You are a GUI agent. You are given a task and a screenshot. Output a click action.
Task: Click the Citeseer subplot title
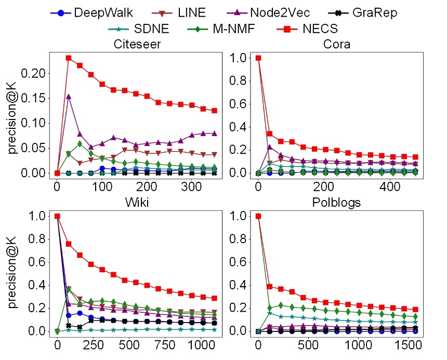click(137, 44)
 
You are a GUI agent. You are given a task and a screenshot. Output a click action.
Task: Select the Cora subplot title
click(336, 44)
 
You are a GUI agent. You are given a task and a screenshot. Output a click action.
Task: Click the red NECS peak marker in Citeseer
click(69, 58)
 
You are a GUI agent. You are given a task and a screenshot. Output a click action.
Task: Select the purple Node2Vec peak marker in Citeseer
click(69, 97)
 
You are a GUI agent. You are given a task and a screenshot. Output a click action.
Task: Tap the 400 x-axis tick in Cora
click(389, 186)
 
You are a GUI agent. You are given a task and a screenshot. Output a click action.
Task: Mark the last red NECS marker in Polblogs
click(415, 310)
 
